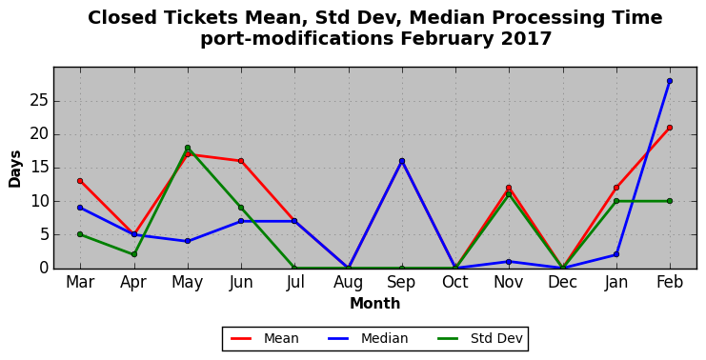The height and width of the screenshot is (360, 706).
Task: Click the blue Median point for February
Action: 670,81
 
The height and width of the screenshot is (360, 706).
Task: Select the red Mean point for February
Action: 670,128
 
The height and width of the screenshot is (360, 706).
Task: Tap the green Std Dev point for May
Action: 188,148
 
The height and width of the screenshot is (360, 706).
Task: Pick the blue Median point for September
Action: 402,161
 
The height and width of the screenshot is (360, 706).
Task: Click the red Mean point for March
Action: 80,181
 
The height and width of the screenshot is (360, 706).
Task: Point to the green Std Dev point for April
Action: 133,254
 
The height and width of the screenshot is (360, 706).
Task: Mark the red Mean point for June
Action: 241,161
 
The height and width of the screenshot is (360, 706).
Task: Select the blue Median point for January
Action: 615,254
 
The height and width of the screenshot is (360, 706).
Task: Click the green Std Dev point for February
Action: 670,201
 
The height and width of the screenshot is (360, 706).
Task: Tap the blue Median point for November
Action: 509,262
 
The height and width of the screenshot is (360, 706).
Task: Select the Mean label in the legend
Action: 281,338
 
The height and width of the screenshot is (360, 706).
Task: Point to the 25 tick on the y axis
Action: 39,101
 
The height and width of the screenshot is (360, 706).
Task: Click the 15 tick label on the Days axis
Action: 39,168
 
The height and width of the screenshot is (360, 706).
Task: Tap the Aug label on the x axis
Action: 348,282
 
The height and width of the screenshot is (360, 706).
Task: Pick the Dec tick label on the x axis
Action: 562,282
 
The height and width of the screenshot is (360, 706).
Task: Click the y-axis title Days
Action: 15,169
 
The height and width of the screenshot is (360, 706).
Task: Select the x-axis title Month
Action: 375,303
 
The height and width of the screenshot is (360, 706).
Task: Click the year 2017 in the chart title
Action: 526,39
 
